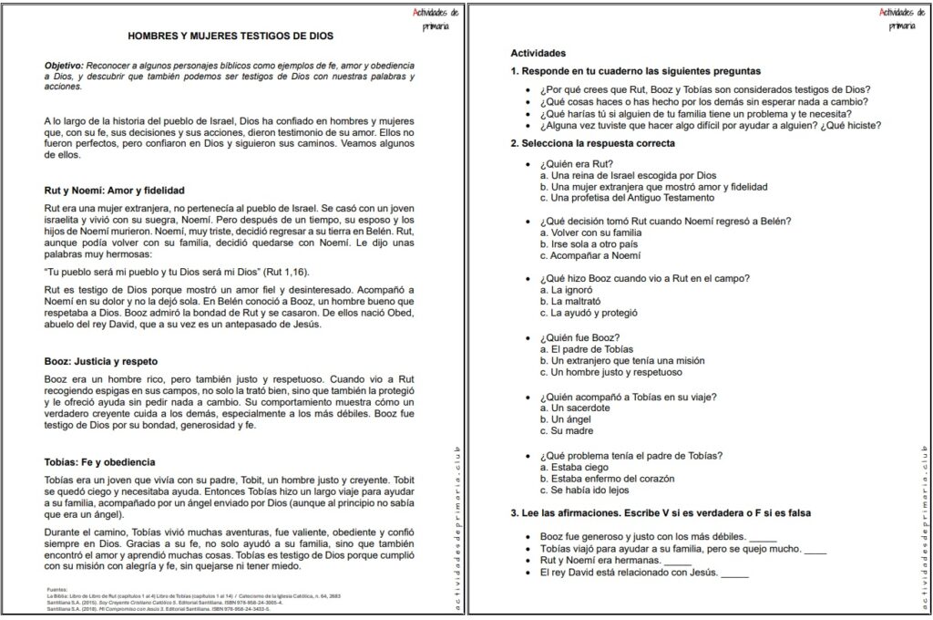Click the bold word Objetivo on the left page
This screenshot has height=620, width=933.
[x=64, y=67]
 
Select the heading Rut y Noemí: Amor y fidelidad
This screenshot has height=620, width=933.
[x=115, y=191]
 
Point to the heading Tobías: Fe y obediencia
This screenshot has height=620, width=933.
[x=100, y=462]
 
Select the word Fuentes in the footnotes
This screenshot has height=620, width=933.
[x=56, y=590]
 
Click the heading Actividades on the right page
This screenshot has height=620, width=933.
[x=538, y=54]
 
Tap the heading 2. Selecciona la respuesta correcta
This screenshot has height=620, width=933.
[x=593, y=144]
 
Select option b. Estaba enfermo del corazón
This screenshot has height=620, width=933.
[x=606, y=479]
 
